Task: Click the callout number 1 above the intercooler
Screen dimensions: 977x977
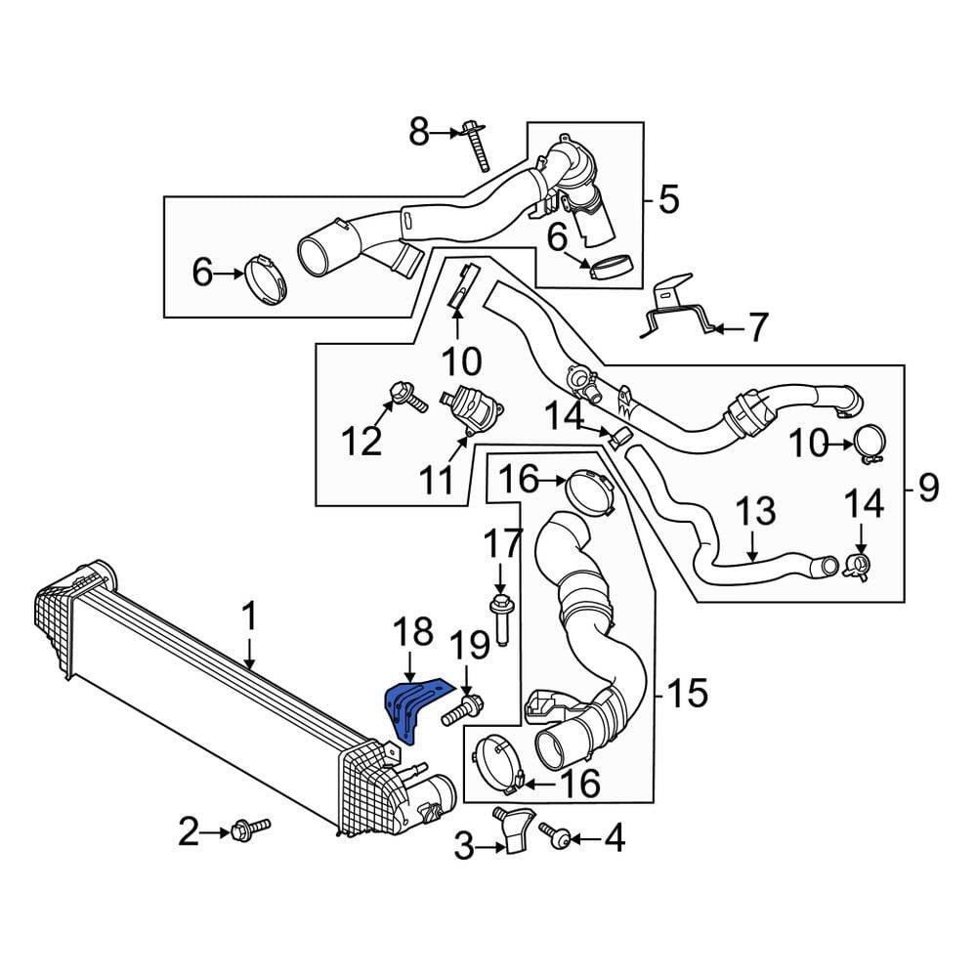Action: tap(249, 617)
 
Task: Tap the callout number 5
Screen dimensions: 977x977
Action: tap(668, 200)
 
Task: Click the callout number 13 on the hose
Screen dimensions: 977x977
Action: tap(755, 512)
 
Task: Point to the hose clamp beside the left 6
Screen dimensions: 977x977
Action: tap(266, 278)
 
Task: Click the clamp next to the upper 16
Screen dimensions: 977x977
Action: tap(590, 491)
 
